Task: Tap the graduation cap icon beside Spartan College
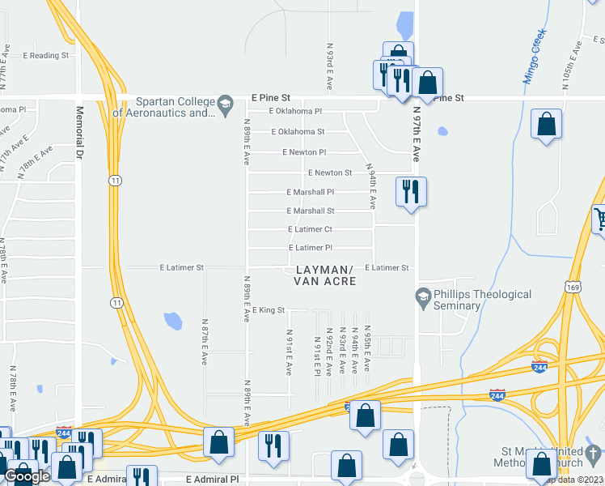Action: (225, 102)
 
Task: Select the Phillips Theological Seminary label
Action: (483, 300)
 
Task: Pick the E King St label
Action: (269, 310)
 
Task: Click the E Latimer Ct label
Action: (311, 229)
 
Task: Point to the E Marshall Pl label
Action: (311, 192)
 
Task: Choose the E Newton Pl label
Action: (304, 152)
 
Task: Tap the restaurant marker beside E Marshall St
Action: (411, 192)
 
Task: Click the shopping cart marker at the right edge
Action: (599, 218)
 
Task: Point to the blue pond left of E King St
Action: (172, 321)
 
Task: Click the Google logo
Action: (27, 476)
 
